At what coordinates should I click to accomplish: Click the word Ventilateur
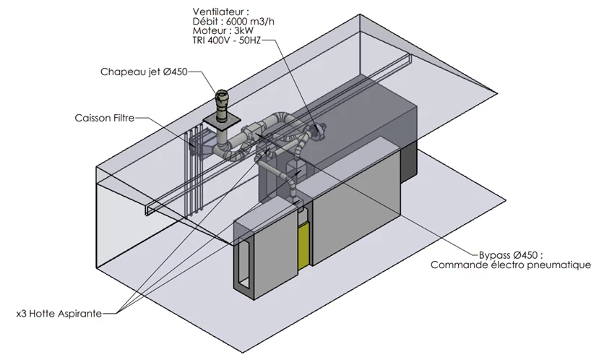[218, 12]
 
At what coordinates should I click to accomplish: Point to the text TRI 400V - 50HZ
[227, 40]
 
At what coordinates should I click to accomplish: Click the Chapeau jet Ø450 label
[144, 72]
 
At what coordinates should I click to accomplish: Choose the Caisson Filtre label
[105, 118]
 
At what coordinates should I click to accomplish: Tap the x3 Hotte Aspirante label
[59, 314]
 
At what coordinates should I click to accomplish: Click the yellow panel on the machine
[304, 245]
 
